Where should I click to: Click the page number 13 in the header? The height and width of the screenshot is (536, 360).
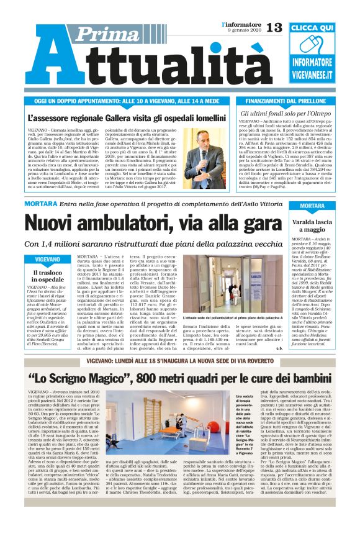(274, 27)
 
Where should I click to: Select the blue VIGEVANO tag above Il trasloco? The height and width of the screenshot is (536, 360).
(47, 258)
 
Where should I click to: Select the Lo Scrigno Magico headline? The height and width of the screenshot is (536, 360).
(179, 378)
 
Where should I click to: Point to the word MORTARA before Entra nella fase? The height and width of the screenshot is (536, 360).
(41, 204)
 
